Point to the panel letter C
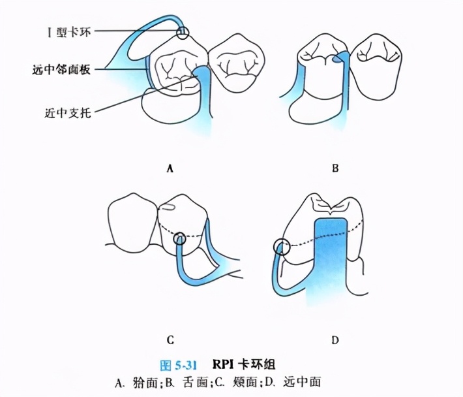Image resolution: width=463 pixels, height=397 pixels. coord(170,340)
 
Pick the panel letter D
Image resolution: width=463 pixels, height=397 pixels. coord(335,340)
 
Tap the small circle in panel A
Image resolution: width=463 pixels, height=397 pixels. coord(183,31)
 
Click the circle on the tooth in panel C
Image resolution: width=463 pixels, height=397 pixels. coord(179,240)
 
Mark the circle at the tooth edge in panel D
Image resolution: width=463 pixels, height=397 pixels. coord(282,247)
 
